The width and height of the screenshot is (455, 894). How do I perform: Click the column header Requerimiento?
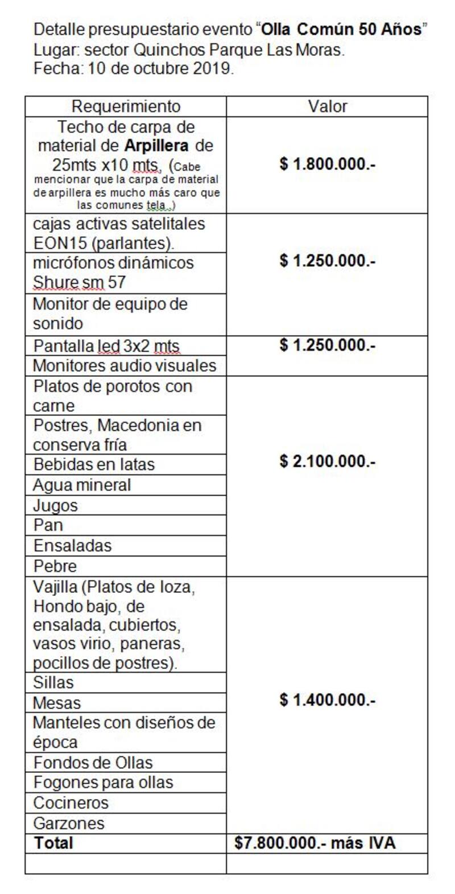pos(126,106)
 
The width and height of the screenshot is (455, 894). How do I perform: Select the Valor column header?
pos(327,106)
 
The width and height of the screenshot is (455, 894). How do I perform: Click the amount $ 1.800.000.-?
pos(327,164)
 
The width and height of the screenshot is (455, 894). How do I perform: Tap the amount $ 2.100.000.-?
pos(327,461)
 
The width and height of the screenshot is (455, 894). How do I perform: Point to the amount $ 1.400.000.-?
pos(327,699)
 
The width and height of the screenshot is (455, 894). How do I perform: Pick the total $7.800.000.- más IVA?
pos(315,843)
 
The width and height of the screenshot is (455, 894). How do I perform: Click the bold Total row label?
pos(53,843)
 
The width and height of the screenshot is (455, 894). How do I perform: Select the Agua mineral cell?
pos(82,485)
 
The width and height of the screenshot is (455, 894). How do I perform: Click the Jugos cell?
pos(55,505)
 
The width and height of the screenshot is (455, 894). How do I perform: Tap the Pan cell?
pos(48,525)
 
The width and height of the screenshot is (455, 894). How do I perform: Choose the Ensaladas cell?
pos(72,545)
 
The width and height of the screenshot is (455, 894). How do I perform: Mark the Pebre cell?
pos(55,566)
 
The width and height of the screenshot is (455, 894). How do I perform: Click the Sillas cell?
pos(53,682)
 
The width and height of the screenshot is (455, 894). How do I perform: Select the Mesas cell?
pos(57,702)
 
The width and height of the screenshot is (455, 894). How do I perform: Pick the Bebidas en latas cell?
pos(94,464)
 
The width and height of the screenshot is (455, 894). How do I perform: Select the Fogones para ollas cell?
pos(103,782)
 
